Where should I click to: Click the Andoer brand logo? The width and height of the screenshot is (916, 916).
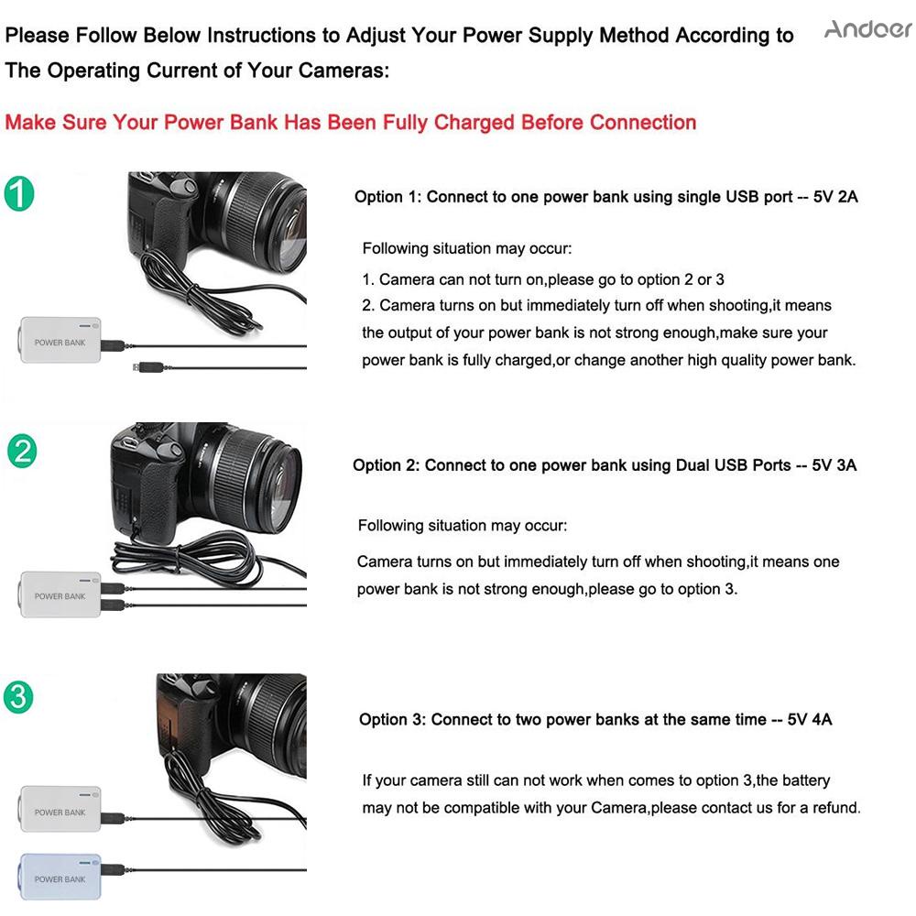click(868, 28)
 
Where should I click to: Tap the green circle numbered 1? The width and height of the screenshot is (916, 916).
click(19, 194)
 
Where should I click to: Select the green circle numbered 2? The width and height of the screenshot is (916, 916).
click(22, 452)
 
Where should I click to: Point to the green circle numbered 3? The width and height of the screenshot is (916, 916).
click(18, 697)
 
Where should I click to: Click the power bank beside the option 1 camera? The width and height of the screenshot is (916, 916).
click(60, 340)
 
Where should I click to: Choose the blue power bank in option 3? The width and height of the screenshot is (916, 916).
click(60, 877)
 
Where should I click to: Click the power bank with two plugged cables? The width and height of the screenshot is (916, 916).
click(60, 594)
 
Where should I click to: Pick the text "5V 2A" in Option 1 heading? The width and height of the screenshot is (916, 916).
click(835, 197)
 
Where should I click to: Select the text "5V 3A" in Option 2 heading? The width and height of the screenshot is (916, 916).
click(834, 465)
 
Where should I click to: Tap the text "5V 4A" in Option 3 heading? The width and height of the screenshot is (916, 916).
click(810, 719)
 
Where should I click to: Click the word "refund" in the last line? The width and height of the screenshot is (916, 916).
click(836, 808)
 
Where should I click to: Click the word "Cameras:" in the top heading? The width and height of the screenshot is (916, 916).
click(343, 71)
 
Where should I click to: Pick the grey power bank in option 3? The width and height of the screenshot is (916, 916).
click(60, 809)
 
